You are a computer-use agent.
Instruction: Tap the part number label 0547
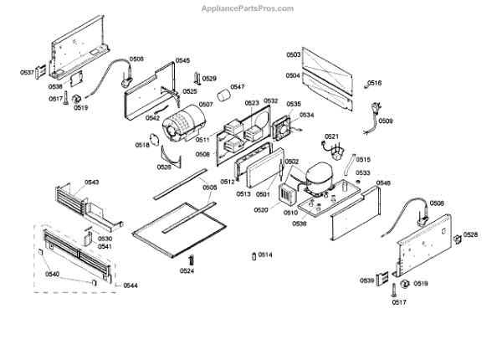[238, 87]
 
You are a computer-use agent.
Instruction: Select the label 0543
[92, 182]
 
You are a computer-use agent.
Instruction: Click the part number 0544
[131, 286]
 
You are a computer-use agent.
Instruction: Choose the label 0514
[264, 255]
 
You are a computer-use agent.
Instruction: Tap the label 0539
[367, 280]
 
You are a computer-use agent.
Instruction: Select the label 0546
[383, 183]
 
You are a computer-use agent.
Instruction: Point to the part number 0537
[27, 73]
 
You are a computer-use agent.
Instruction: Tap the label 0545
[182, 61]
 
